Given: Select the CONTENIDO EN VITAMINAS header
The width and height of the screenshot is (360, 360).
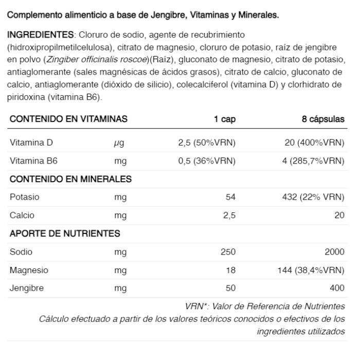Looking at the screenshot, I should pyautogui.click(x=68, y=119).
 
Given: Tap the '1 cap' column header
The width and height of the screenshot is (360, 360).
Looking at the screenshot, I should pyautogui.click(x=225, y=119).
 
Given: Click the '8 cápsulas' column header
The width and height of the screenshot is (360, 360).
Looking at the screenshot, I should pyautogui.click(x=323, y=119).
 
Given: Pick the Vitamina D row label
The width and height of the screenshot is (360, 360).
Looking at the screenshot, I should pyautogui.click(x=31, y=142).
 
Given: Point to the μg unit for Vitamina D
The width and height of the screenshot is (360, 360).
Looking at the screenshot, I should pyautogui.click(x=120, y=143).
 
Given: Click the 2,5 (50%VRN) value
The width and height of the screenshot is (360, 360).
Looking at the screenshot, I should pyautogui.click(x=207, y=142).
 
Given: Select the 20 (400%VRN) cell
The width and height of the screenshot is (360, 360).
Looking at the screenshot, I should pyautogui.click(x=314, y=142).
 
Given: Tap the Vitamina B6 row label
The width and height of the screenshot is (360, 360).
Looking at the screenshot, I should pyautogui.click(x=33, y=161).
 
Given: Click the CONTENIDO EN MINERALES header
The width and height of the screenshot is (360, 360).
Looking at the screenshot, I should pyautogui.click(x=71, y=179).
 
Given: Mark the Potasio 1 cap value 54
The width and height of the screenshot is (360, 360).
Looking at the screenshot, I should pyautogui.click(x=230, y=197).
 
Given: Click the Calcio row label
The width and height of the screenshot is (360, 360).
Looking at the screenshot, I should pyautogui.click(x=22, y=215).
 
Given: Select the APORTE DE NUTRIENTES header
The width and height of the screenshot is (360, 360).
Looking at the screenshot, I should pyautogui.click(x=65, y=233).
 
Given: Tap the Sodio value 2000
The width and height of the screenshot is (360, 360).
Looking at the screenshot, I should pyautogui.click(x=335, y=251).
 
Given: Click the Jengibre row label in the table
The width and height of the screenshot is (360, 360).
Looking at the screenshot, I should pyautogui.click(x=26, y=288).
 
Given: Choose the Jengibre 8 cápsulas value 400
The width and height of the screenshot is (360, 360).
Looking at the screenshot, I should pyautogui.click(x=337, y=288).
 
